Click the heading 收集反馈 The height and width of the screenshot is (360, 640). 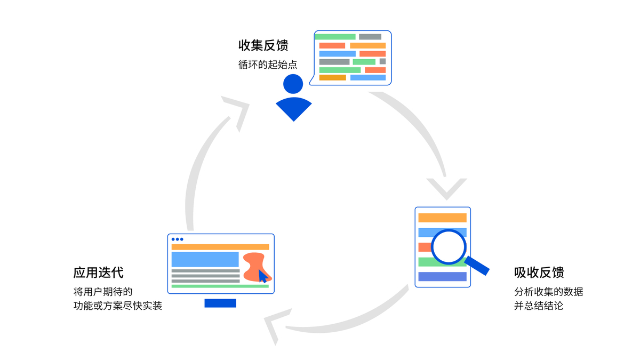[x=263, y=45]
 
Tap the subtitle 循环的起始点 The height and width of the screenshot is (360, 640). [x=267, y=65]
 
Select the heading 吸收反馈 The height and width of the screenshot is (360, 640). [x=539, y=272]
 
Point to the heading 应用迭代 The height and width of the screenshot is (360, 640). [x=98, y=273]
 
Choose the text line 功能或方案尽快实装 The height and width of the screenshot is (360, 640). [x=117, y=306]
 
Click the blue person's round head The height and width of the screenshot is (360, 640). [x=293, y=84]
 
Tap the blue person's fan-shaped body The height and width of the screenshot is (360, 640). [x=293, y=108]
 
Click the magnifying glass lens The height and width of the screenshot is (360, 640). [x=449, y=246]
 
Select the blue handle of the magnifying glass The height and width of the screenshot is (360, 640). [x=477, y=266]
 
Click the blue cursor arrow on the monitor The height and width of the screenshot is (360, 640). [x=262, y=276]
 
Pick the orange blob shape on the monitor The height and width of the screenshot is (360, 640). [x=255, y=264]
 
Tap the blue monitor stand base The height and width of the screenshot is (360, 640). [x=220, y=303]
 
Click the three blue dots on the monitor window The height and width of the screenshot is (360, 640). [x=177, y=239]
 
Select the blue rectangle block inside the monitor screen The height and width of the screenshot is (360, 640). [x=205, y=259]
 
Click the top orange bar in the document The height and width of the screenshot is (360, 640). [x=442, y=218]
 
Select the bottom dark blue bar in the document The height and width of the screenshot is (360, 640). [x=442, y=276]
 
